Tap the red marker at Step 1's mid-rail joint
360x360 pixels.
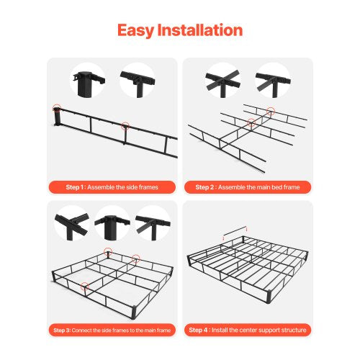[125, 125]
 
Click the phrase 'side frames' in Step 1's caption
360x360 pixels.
[136, 187]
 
